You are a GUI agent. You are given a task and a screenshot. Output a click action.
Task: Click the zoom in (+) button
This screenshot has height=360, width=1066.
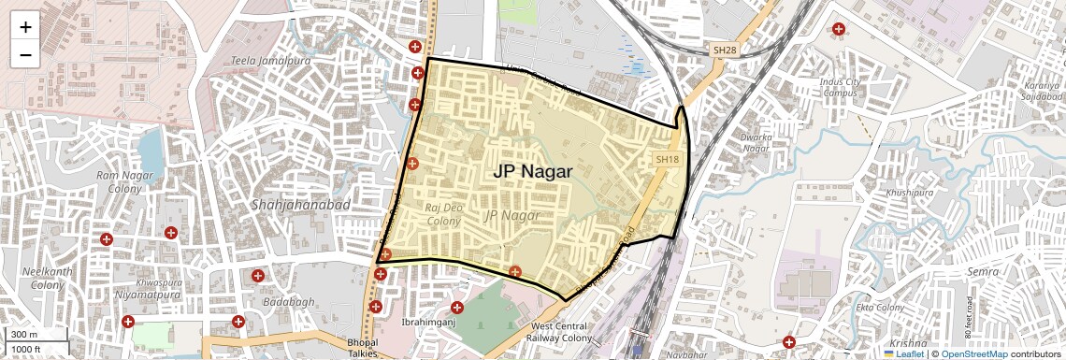tap(25, 27)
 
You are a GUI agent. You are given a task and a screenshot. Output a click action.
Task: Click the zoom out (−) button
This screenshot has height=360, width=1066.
tap(25, 55)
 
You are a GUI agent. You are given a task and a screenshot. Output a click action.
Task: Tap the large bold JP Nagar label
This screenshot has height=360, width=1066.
tap(532, 172)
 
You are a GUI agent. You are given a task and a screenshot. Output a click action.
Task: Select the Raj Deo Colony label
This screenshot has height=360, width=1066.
tap(443, 214)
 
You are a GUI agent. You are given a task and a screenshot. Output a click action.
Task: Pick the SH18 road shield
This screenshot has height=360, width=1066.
tap(667, 160)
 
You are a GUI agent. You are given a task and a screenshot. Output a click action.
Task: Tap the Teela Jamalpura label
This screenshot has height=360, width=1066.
tap(269, 61)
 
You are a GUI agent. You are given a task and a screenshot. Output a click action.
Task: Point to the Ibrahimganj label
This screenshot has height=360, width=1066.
tap(427, 323)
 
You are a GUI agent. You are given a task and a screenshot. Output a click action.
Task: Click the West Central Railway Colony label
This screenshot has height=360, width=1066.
tap(561, 332)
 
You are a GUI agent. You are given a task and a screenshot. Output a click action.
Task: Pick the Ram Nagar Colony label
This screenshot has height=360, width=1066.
tap(119, 181)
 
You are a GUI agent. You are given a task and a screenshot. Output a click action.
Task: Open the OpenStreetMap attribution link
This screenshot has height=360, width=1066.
tap(972, 353)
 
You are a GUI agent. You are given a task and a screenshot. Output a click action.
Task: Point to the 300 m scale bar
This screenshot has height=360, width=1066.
tap(35, 335)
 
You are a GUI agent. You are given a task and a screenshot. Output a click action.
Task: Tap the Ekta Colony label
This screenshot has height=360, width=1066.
tap(880, 307)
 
